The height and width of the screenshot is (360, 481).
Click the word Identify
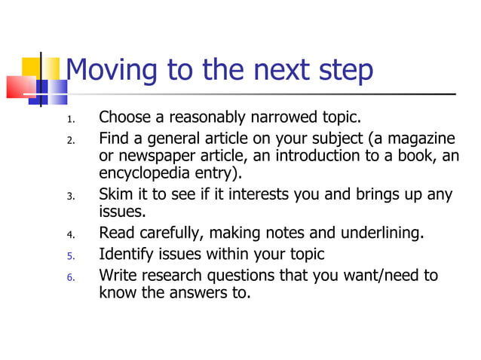126,255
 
